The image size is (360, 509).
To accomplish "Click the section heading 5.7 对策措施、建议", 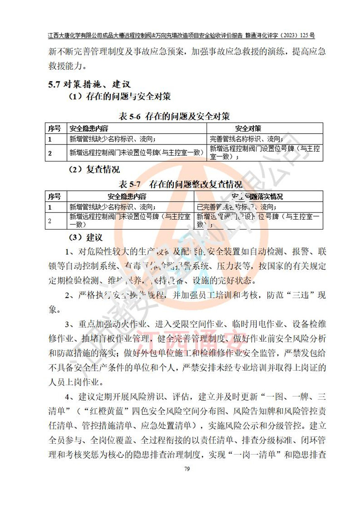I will (90, 84).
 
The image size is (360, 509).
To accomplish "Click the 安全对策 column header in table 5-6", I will (248, 128).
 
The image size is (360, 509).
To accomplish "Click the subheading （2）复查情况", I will (94, 170).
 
